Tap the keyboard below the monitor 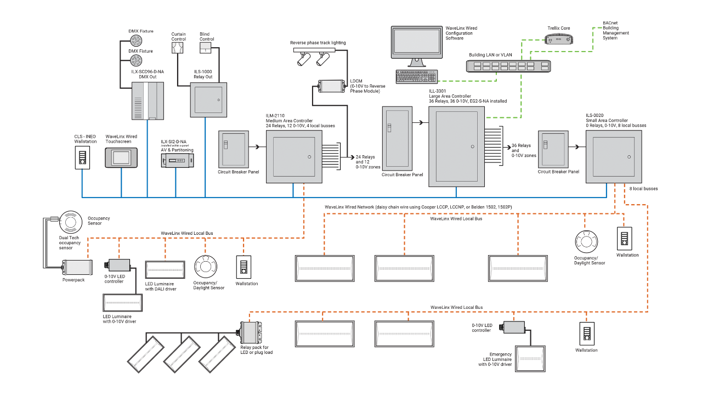pos(417,77)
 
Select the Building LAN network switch pos(508,66)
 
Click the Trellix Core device pos(558,39)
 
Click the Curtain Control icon pos(178,48)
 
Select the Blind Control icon pos(206,48)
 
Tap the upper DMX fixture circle pos(135,41)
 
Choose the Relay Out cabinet pos(208,100)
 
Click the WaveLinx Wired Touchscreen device pos(121,157)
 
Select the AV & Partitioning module pos(175,160)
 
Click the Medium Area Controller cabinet pos(294,156)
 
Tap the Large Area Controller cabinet pos(456,146)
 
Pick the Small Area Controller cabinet pos(613,156)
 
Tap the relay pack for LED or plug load pos(251,332)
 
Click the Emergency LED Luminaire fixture pos(530,359)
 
